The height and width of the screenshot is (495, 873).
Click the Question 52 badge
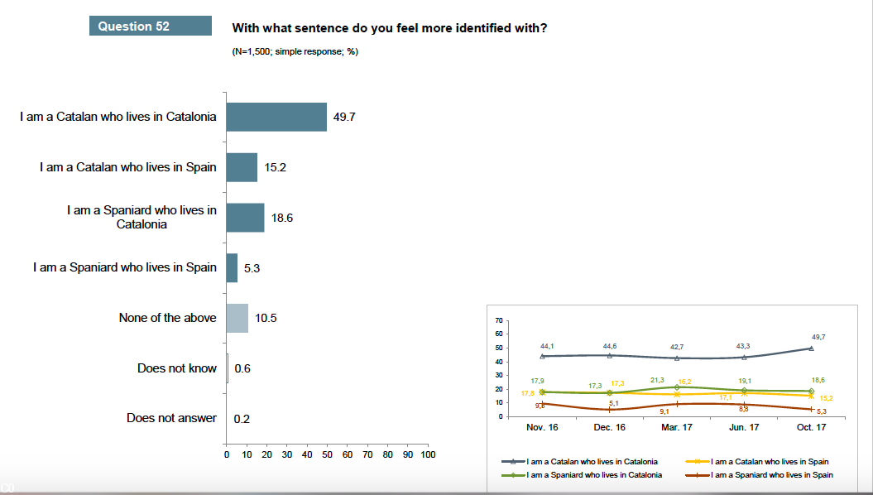[149, 26]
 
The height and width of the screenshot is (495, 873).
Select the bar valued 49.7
[276, 117]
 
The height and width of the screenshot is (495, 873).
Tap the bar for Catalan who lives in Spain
[242, 167]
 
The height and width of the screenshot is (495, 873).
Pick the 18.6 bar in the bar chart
[245, 218]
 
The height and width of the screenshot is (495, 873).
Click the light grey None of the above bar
[237, 318]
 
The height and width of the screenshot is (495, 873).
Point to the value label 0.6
[242, 368]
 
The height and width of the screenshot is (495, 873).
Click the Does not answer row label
[171, 418]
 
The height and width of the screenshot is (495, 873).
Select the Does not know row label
[176, 368]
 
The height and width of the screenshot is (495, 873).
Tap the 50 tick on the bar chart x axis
[327, 454]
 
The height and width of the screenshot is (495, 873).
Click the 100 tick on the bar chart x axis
[428, 454]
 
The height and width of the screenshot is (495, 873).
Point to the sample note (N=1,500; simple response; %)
[295, 51]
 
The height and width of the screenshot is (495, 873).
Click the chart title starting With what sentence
[389, 28]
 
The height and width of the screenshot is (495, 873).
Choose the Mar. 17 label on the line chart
[676, 427]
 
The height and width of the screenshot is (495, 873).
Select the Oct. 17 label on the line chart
[811, 427]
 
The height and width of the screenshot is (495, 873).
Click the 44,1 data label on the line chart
[547, 345]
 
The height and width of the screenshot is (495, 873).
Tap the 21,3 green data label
[657, 379]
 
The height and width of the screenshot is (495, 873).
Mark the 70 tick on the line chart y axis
[498, 320]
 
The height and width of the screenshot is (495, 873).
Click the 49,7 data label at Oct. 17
[818, 337]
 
